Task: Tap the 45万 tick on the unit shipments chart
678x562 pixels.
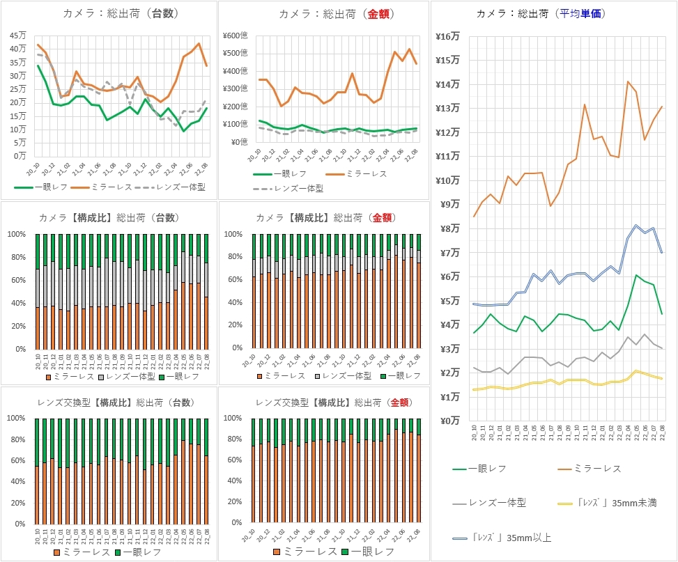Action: [19, 36]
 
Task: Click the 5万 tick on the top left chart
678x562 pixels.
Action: [21, 143]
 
